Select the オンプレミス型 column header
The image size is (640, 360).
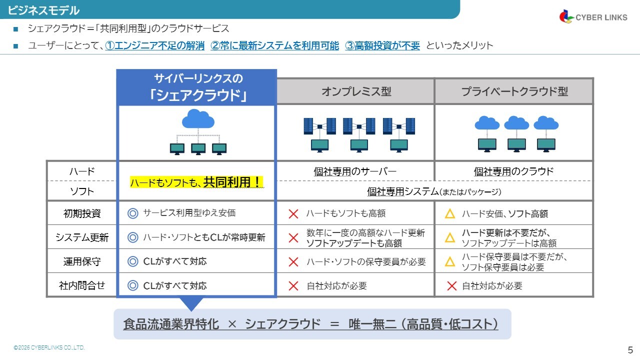pos(356,91)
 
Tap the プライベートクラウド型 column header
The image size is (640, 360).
pos(514,91)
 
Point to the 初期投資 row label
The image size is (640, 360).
pos(82,213)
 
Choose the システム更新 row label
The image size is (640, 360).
pos(82,237)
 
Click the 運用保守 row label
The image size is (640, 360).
pos(82,261)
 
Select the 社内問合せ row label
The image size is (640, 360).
pos(82,285)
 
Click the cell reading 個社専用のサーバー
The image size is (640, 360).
pos(355,171)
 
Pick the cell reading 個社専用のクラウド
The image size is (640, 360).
pos(513,171)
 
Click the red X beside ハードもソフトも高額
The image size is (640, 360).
pos(293,214)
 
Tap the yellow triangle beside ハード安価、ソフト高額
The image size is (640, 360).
pos(450,214)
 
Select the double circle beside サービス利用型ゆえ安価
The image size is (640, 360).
pos(132,213)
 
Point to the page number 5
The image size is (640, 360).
pos(630,350)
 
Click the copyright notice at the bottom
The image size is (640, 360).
pos(49,347)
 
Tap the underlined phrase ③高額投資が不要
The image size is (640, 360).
pos(382,45)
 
